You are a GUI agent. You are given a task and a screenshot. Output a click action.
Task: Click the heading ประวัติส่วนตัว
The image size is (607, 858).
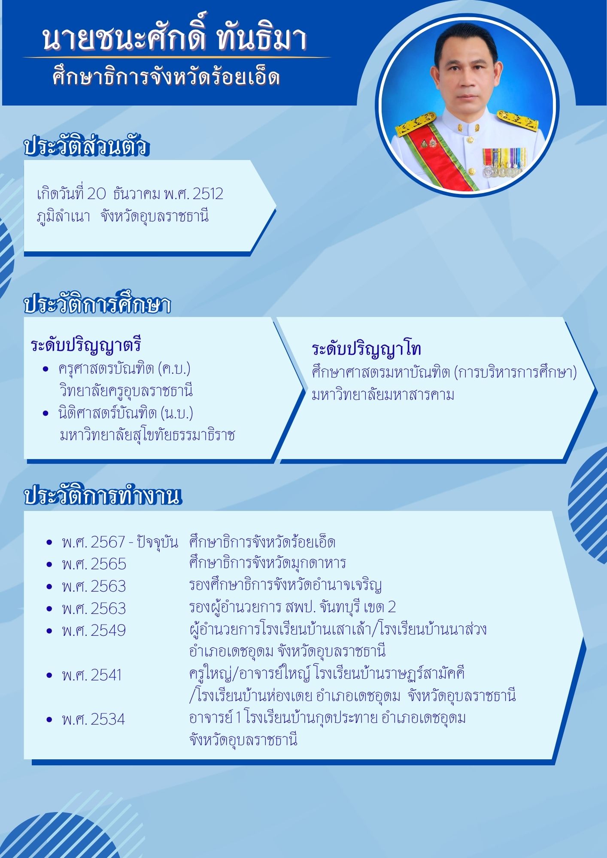tap(86, 146)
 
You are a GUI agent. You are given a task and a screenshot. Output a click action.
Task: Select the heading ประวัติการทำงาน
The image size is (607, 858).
tap(103, 496)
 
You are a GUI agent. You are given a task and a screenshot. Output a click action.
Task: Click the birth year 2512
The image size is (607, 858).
tap(208, 194)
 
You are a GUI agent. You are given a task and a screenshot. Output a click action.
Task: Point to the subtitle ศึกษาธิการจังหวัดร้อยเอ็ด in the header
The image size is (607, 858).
tap(167, 78)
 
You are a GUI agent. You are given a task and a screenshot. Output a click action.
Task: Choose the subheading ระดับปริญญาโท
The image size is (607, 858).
tap(366, 349)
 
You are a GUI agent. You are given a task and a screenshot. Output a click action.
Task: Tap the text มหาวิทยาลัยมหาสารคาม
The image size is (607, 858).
tap(383, 395)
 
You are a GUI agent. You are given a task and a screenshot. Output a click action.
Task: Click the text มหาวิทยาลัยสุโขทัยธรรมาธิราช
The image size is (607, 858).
tap(147, 435)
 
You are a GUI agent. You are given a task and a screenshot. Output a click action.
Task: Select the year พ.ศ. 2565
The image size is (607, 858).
tap(94, 564)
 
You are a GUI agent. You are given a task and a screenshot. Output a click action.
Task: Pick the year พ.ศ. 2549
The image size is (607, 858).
tap(94, 631)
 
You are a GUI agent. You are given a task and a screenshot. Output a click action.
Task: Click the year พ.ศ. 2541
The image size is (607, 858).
tap(92, 675)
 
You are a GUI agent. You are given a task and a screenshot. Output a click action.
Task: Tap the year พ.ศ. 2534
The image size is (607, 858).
tap(94, 719)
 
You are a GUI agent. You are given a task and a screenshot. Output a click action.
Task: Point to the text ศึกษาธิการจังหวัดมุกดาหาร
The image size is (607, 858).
tap(267, 563)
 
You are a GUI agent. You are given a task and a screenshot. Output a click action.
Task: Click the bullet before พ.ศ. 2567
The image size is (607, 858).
tap(49, 543)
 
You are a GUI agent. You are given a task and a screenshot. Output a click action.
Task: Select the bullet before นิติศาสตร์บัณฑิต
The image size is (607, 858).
tap(46, 414)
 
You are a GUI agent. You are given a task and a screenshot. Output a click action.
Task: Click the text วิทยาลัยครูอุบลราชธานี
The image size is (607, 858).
tap(126, 391)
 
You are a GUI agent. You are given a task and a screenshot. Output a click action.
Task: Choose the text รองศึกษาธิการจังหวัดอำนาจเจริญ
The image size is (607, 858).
tap(285, 585)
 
